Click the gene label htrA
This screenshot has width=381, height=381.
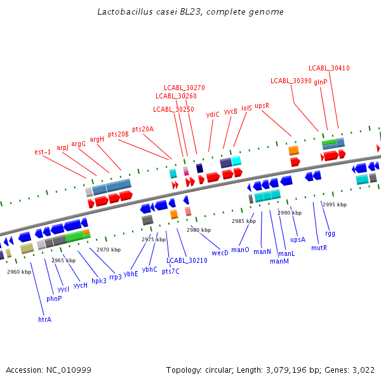click(x=44, y=319)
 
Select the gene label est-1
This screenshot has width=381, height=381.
click(x=43, y=152)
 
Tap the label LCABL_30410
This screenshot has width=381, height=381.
click(x=329, y=68)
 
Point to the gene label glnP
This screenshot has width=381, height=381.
click(x=321, y=82)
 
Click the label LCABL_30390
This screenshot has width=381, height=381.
click(x=291, y=81)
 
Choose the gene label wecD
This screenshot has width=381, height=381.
click(x=220, y=253)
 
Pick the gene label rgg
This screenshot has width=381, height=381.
click(x=330, y=233)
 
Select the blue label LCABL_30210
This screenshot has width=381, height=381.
click(x=187, y=260)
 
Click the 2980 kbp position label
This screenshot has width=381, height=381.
click(x=198, y=230)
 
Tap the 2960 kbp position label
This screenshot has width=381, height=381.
click(x=19, y=272)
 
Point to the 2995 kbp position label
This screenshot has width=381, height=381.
click(x=335, y=204)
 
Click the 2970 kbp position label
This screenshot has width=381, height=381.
click(x=109, y=250)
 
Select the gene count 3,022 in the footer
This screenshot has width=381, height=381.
click(x=362, y=370)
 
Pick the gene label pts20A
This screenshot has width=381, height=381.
click(x=143, y=129)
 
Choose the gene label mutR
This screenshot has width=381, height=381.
click(x=319, y=248)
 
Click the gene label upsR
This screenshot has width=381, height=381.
click(x=262, y=105)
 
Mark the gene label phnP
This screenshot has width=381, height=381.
click(x=54, y=298)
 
